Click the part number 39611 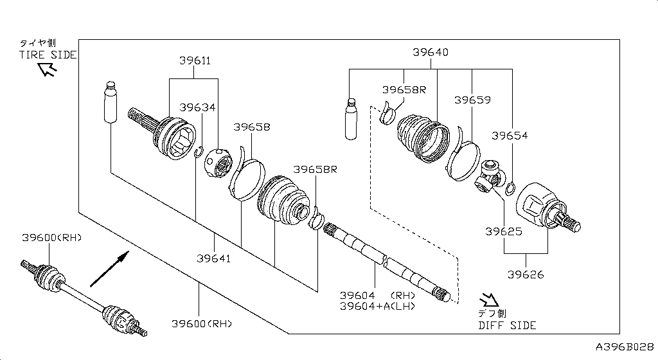click(195, 61)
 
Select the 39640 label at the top click(430, 53)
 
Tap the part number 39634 click(197, 107)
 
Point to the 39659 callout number click(472, 100)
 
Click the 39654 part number click(510, 136)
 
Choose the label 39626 click(525, 274)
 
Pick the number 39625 click(503, 231)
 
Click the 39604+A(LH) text click(377, 306)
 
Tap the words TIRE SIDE click(48, 55)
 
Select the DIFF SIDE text click(507, 325)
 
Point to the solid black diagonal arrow click(109, 269)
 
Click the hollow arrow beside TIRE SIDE click(47, 69)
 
